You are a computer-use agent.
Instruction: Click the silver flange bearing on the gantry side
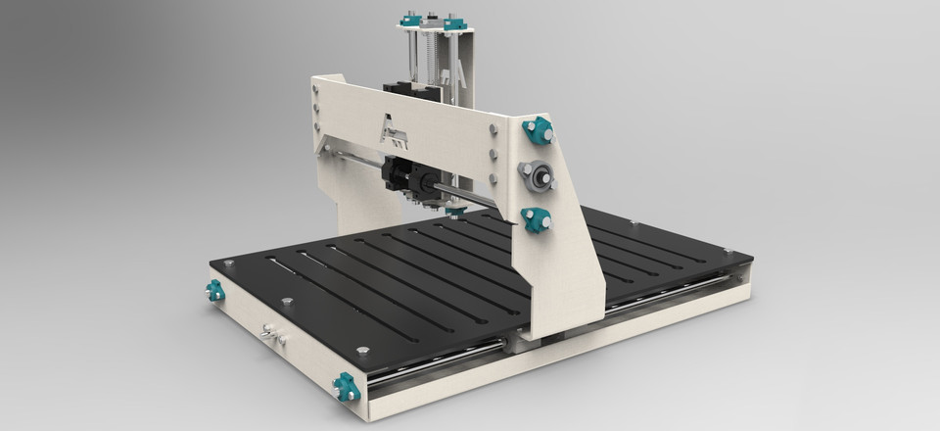click(537, 177)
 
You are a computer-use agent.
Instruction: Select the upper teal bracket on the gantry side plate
click(538, 128)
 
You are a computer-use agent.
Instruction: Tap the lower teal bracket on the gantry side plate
click(536, 219)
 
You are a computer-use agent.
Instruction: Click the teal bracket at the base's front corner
click(345, 387)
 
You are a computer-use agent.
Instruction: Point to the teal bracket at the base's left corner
click(214, 291)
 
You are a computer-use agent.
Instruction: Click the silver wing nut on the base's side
click(273, 336)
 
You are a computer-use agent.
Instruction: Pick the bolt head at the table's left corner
click(229, 263)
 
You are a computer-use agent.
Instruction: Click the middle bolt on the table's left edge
click(287, 302)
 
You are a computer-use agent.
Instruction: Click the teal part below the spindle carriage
click(452, 211)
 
